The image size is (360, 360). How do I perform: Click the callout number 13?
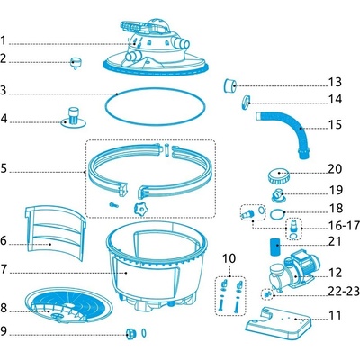pos(335,82)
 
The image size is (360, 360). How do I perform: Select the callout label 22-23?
pos(344,291)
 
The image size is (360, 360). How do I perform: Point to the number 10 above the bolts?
pos(229,258)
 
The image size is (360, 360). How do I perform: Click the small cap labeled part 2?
pos(76,63)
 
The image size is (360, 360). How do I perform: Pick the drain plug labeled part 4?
pos(74,117)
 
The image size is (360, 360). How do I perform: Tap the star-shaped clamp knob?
pos(140,209)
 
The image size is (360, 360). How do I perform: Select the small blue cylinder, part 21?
pos(274,247)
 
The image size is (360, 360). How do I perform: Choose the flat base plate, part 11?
pos(278,323)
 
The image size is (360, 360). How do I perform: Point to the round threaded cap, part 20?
pos(279,176)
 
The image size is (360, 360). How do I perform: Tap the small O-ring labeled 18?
pos(277,215)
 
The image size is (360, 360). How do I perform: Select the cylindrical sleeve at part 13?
pos(230,85)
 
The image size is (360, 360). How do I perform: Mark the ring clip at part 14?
pos(246,102)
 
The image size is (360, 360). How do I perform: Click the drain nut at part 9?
pos(131,334)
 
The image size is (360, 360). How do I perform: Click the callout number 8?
pos(4,308)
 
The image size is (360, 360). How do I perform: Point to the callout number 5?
pos(4,168)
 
